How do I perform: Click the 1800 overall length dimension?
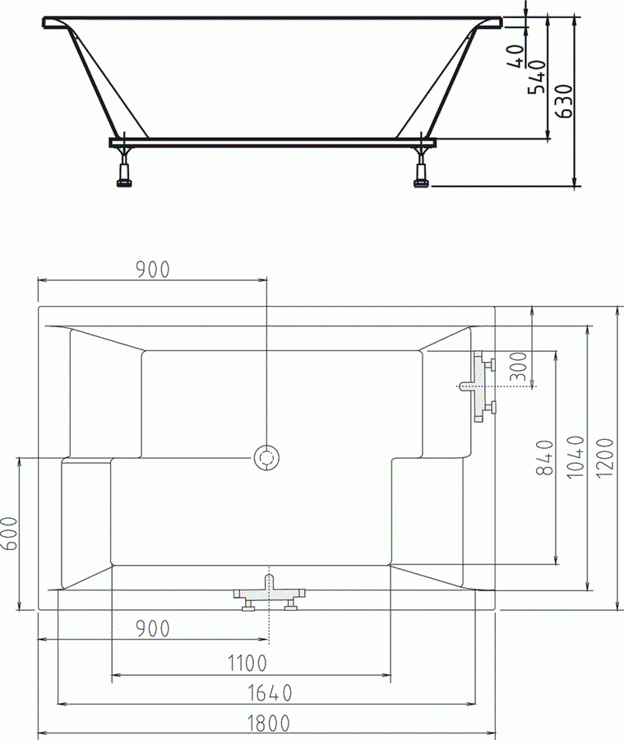pos(269,723)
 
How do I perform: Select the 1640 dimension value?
pos(270,693)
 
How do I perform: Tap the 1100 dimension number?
pos(247,664)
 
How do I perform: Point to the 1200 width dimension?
pos(605,458)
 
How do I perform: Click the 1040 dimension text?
pos(575,457)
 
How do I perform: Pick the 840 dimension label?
pos(545,457)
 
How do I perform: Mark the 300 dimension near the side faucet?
pos(519,366)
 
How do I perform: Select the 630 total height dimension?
pos(564,100)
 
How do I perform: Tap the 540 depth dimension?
pos(537,76)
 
